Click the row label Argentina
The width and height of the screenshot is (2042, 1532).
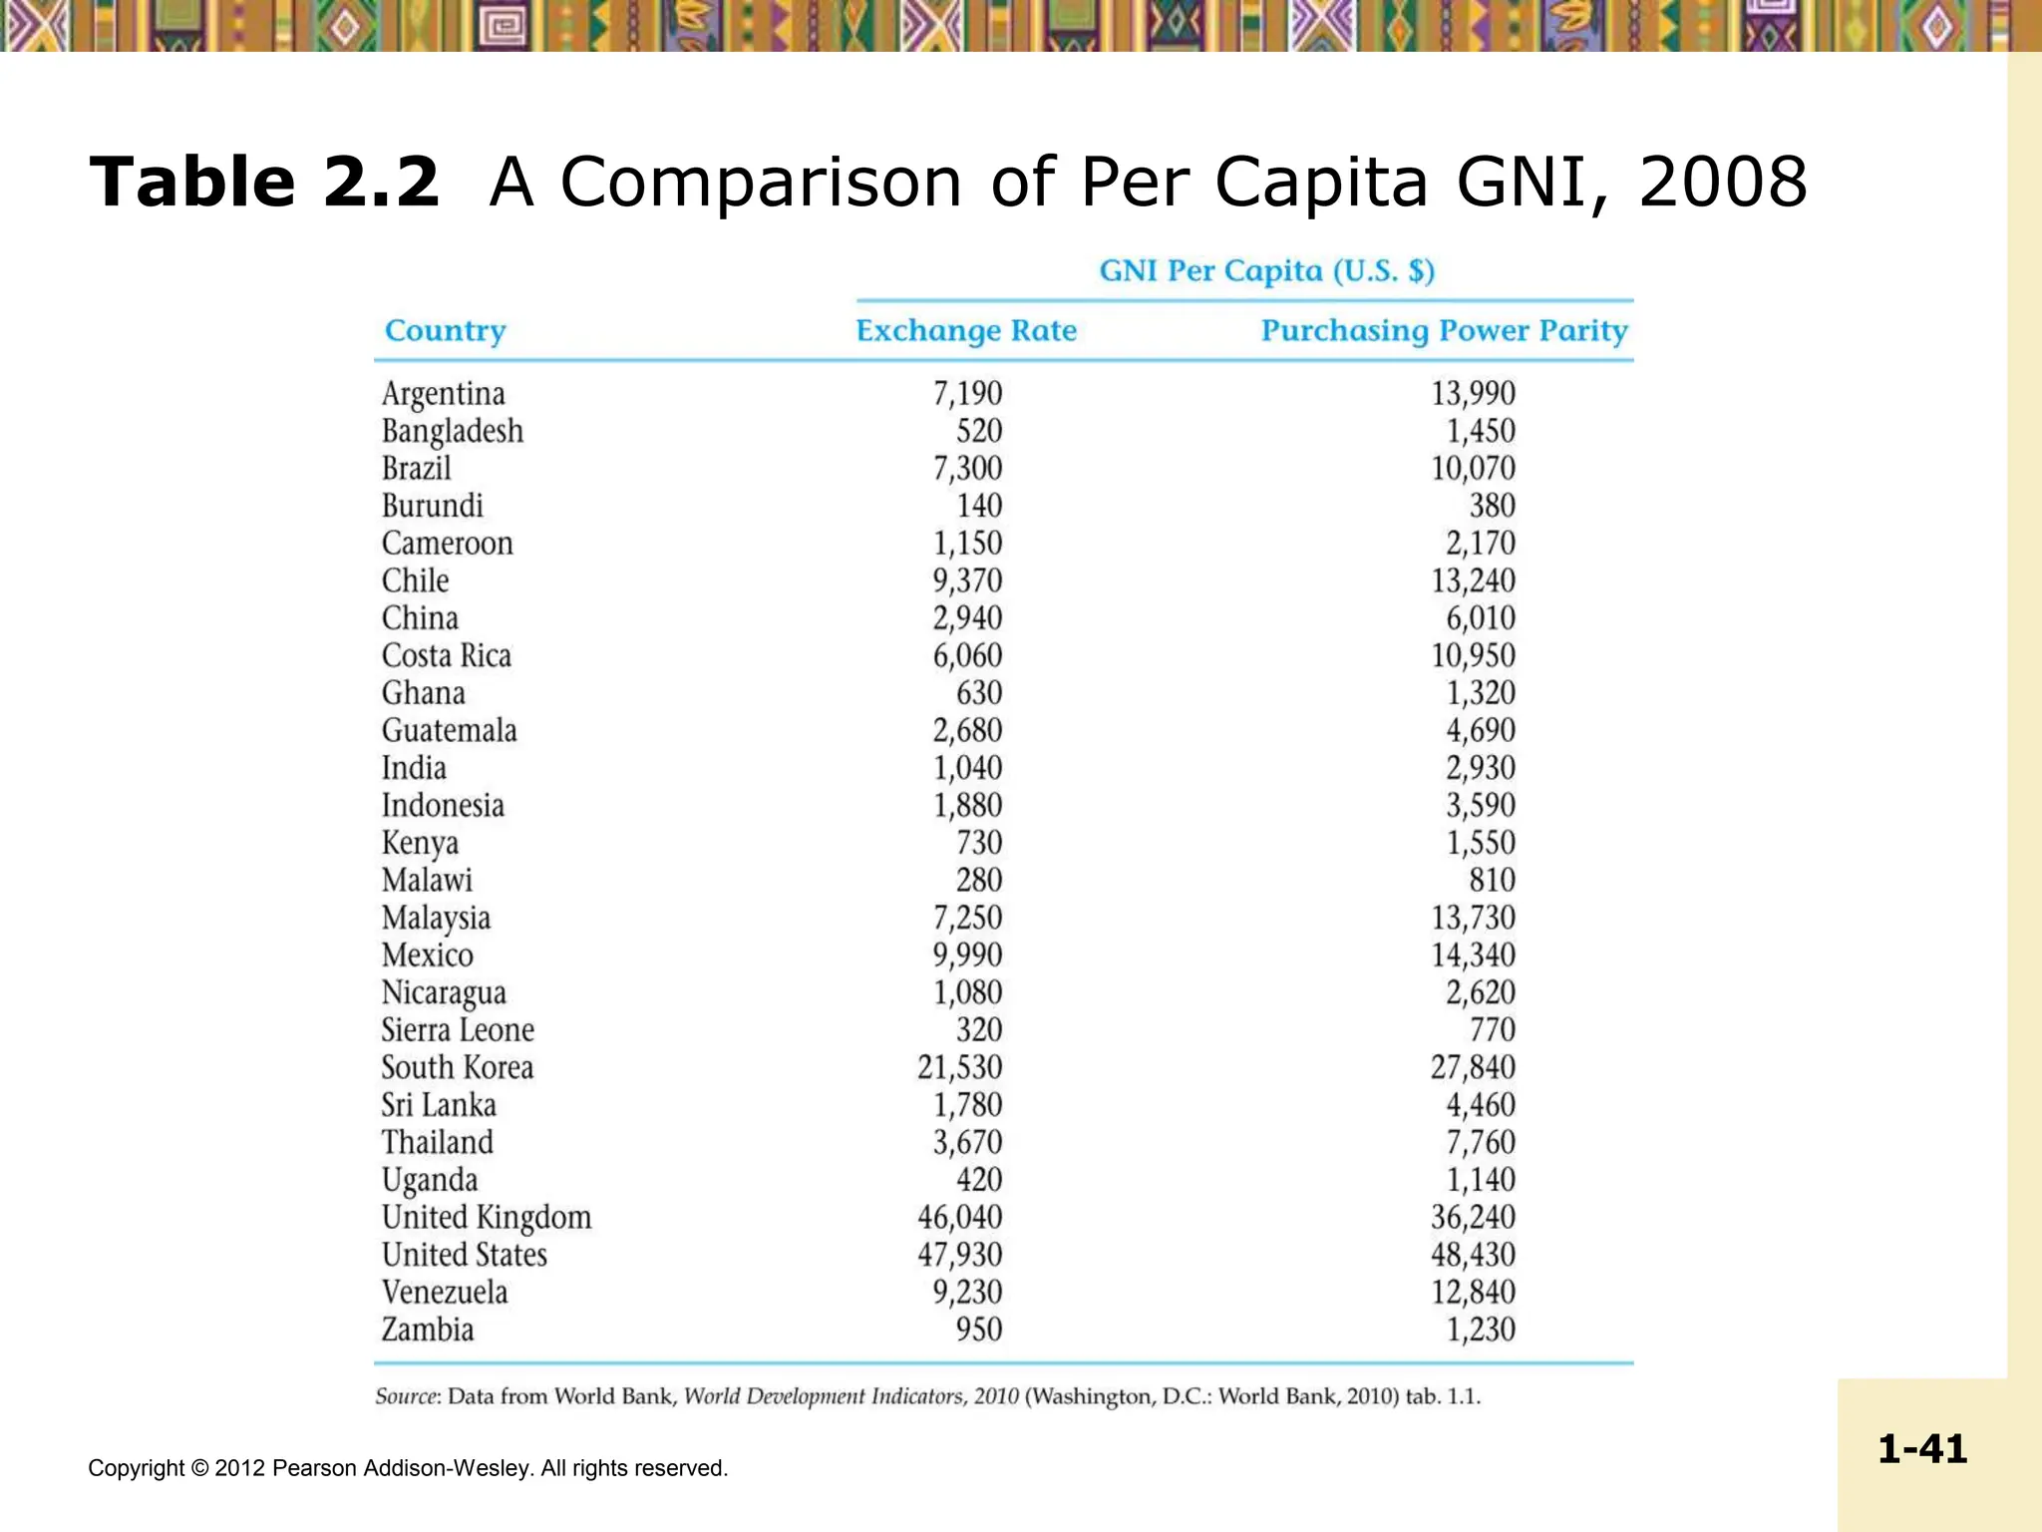click(x=443, y=394)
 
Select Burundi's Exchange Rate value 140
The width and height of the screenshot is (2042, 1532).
click(x=979, y=506)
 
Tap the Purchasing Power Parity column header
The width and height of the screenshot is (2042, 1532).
click(x=1444, y=330)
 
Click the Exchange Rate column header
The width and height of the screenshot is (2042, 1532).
click(x=966, y=330)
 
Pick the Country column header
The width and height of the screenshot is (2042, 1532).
click(x=445, y=330)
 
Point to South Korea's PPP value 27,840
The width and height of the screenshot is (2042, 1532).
click(x=1473, y=1067)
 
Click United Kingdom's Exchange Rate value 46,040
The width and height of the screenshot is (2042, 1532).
click(x=959, y=1217)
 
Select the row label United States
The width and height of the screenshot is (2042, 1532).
click(x=464, y=1255)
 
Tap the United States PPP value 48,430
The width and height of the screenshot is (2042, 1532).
click(x=1473, y=1255)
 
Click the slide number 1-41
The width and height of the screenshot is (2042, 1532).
click(x=1921, y=1448)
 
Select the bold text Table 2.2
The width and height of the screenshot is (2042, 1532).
click(x=264, y=183)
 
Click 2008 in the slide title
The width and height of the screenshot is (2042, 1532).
click(x=1722, y=183)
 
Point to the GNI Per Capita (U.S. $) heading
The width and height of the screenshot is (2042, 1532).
click(x=1266, y=271)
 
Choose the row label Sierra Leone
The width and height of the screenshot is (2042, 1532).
click(x=457, y=1030)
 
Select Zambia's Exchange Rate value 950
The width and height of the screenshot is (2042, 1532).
click(x=979, y=1330)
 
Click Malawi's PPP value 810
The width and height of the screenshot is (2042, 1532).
click(x=1492, y=881)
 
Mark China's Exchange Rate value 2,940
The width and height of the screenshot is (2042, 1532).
click(x=967, y=618)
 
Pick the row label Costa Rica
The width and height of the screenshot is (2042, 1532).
click(x=446, y=656)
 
